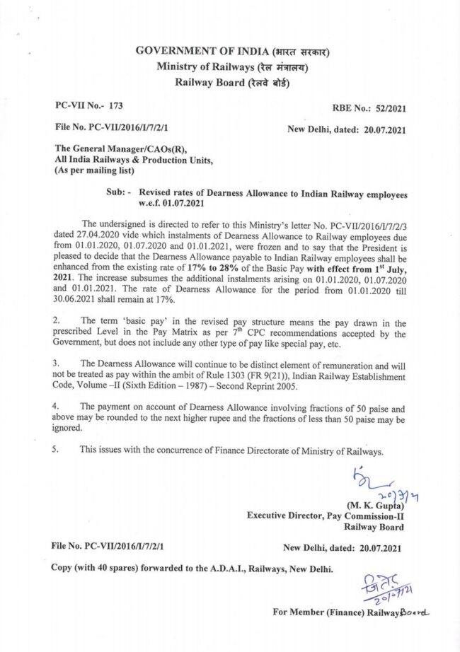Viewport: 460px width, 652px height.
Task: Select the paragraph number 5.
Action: click(x=57, y=449)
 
